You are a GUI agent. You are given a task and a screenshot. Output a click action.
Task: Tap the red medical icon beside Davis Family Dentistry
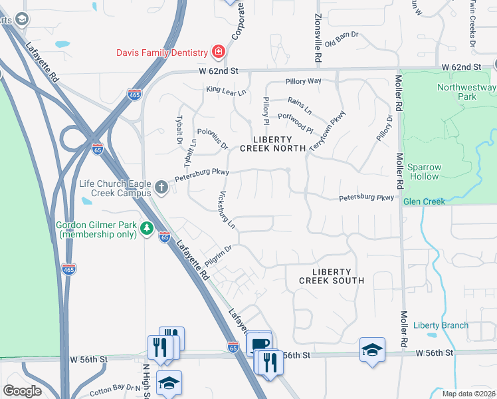(217, 51)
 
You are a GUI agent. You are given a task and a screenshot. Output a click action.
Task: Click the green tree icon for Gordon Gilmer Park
(146, 229)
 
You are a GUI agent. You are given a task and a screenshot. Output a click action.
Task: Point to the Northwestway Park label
(466, 92)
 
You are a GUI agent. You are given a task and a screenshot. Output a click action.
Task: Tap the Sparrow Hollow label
(423, 171)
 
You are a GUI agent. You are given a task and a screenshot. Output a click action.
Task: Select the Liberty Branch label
(441, 325)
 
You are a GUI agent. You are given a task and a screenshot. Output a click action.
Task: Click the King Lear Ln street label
(227, 89)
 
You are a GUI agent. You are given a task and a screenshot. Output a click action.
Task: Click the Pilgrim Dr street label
(218, 257)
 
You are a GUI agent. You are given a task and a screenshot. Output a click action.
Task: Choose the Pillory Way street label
(303, 81)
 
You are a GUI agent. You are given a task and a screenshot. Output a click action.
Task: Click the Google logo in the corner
(22, 391)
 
